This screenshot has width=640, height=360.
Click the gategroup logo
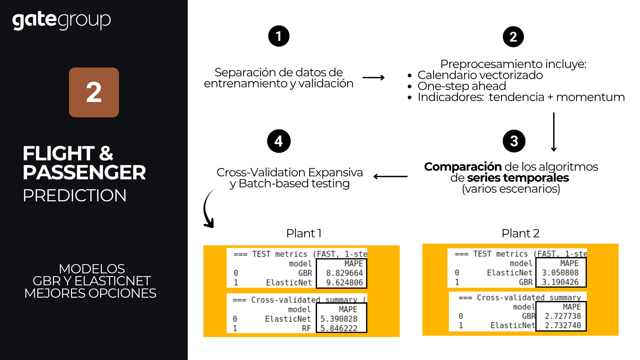tap(61, 20)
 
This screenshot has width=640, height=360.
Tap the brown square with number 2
tap(94, 92)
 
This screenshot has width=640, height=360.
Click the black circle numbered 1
tap(279, 36)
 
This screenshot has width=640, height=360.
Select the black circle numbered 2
tap(513, 37)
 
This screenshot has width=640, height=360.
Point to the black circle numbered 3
tap(514, 141)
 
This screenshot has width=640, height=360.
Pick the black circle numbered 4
tap(279, 141)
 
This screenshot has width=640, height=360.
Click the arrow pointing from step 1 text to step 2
tap(373, 78)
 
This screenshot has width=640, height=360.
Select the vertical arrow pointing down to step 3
tap(554, 132)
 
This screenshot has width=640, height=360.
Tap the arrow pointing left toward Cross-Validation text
tap(390, 176)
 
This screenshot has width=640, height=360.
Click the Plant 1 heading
tap(304, 233)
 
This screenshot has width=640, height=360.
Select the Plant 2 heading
tap(520, 233)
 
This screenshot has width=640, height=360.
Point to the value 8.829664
tap(344, 273)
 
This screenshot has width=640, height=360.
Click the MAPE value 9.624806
tap(344, 283)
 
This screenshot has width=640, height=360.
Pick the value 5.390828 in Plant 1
tap(339, 319)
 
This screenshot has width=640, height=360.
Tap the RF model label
tap(306, 328)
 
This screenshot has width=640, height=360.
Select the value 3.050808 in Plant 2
tap(560, 273)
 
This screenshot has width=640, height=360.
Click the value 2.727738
tap(563, 316)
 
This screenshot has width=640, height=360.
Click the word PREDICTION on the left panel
tap(74, 195)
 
